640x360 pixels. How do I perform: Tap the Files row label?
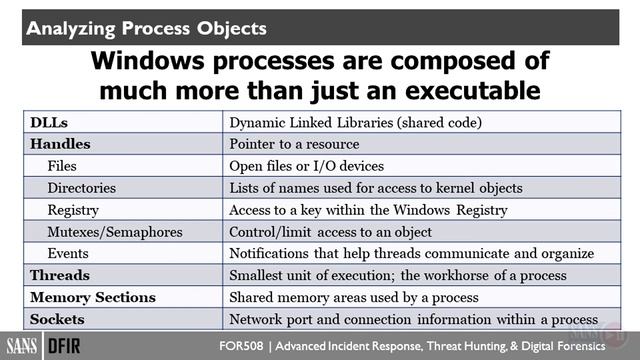point(62,166)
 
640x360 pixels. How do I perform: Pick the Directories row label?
point(82,188)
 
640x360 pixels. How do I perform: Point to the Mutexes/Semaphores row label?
point(115,232)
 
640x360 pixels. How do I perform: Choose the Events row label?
point(68,254)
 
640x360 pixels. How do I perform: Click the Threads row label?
point(60,275)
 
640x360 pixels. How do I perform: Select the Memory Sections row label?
point(93,297)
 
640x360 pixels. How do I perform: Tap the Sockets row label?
point(58,319)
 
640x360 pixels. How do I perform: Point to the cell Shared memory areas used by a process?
point(355,297)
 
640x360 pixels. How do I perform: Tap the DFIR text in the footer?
point(73,346)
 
